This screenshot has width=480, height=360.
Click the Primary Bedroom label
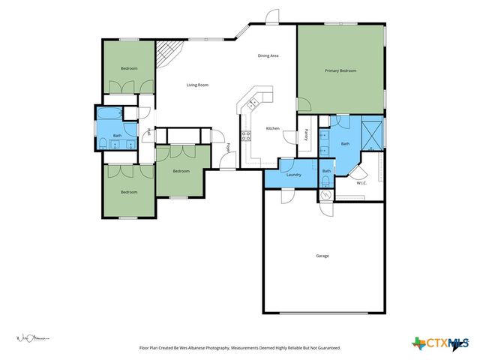click(340, 70)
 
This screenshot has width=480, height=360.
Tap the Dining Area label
click(268, 56)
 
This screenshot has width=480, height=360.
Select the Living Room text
click(197, 85)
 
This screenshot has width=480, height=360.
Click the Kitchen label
click(273, 128)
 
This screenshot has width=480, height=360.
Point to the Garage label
click(322, 256)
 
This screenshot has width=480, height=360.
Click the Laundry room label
click(294, 175)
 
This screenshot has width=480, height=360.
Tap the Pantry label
click(307, 134)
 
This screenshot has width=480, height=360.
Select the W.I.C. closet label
click(361, 182)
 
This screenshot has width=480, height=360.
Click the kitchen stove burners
click(245, 136)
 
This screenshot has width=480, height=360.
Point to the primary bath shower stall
click(371, 133)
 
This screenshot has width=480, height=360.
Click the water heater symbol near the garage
click(325, 196)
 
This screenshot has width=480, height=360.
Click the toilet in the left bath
click(102, 144)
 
